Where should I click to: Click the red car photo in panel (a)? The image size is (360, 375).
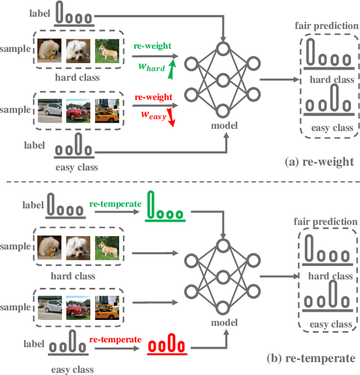pos(78,110)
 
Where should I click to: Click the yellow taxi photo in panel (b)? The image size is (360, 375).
pos(107,307)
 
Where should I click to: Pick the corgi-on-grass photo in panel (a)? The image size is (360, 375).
pos(107,50)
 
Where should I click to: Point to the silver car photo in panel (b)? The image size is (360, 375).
pos(48,307)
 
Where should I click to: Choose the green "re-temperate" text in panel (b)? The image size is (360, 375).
pos(115,204)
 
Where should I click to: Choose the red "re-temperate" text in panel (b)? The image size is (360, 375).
pos(115,340)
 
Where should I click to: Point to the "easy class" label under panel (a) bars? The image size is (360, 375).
pos(332,128)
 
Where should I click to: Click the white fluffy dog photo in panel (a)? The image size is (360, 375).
pos(78,50)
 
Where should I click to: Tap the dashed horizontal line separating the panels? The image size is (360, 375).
pos(180,182)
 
